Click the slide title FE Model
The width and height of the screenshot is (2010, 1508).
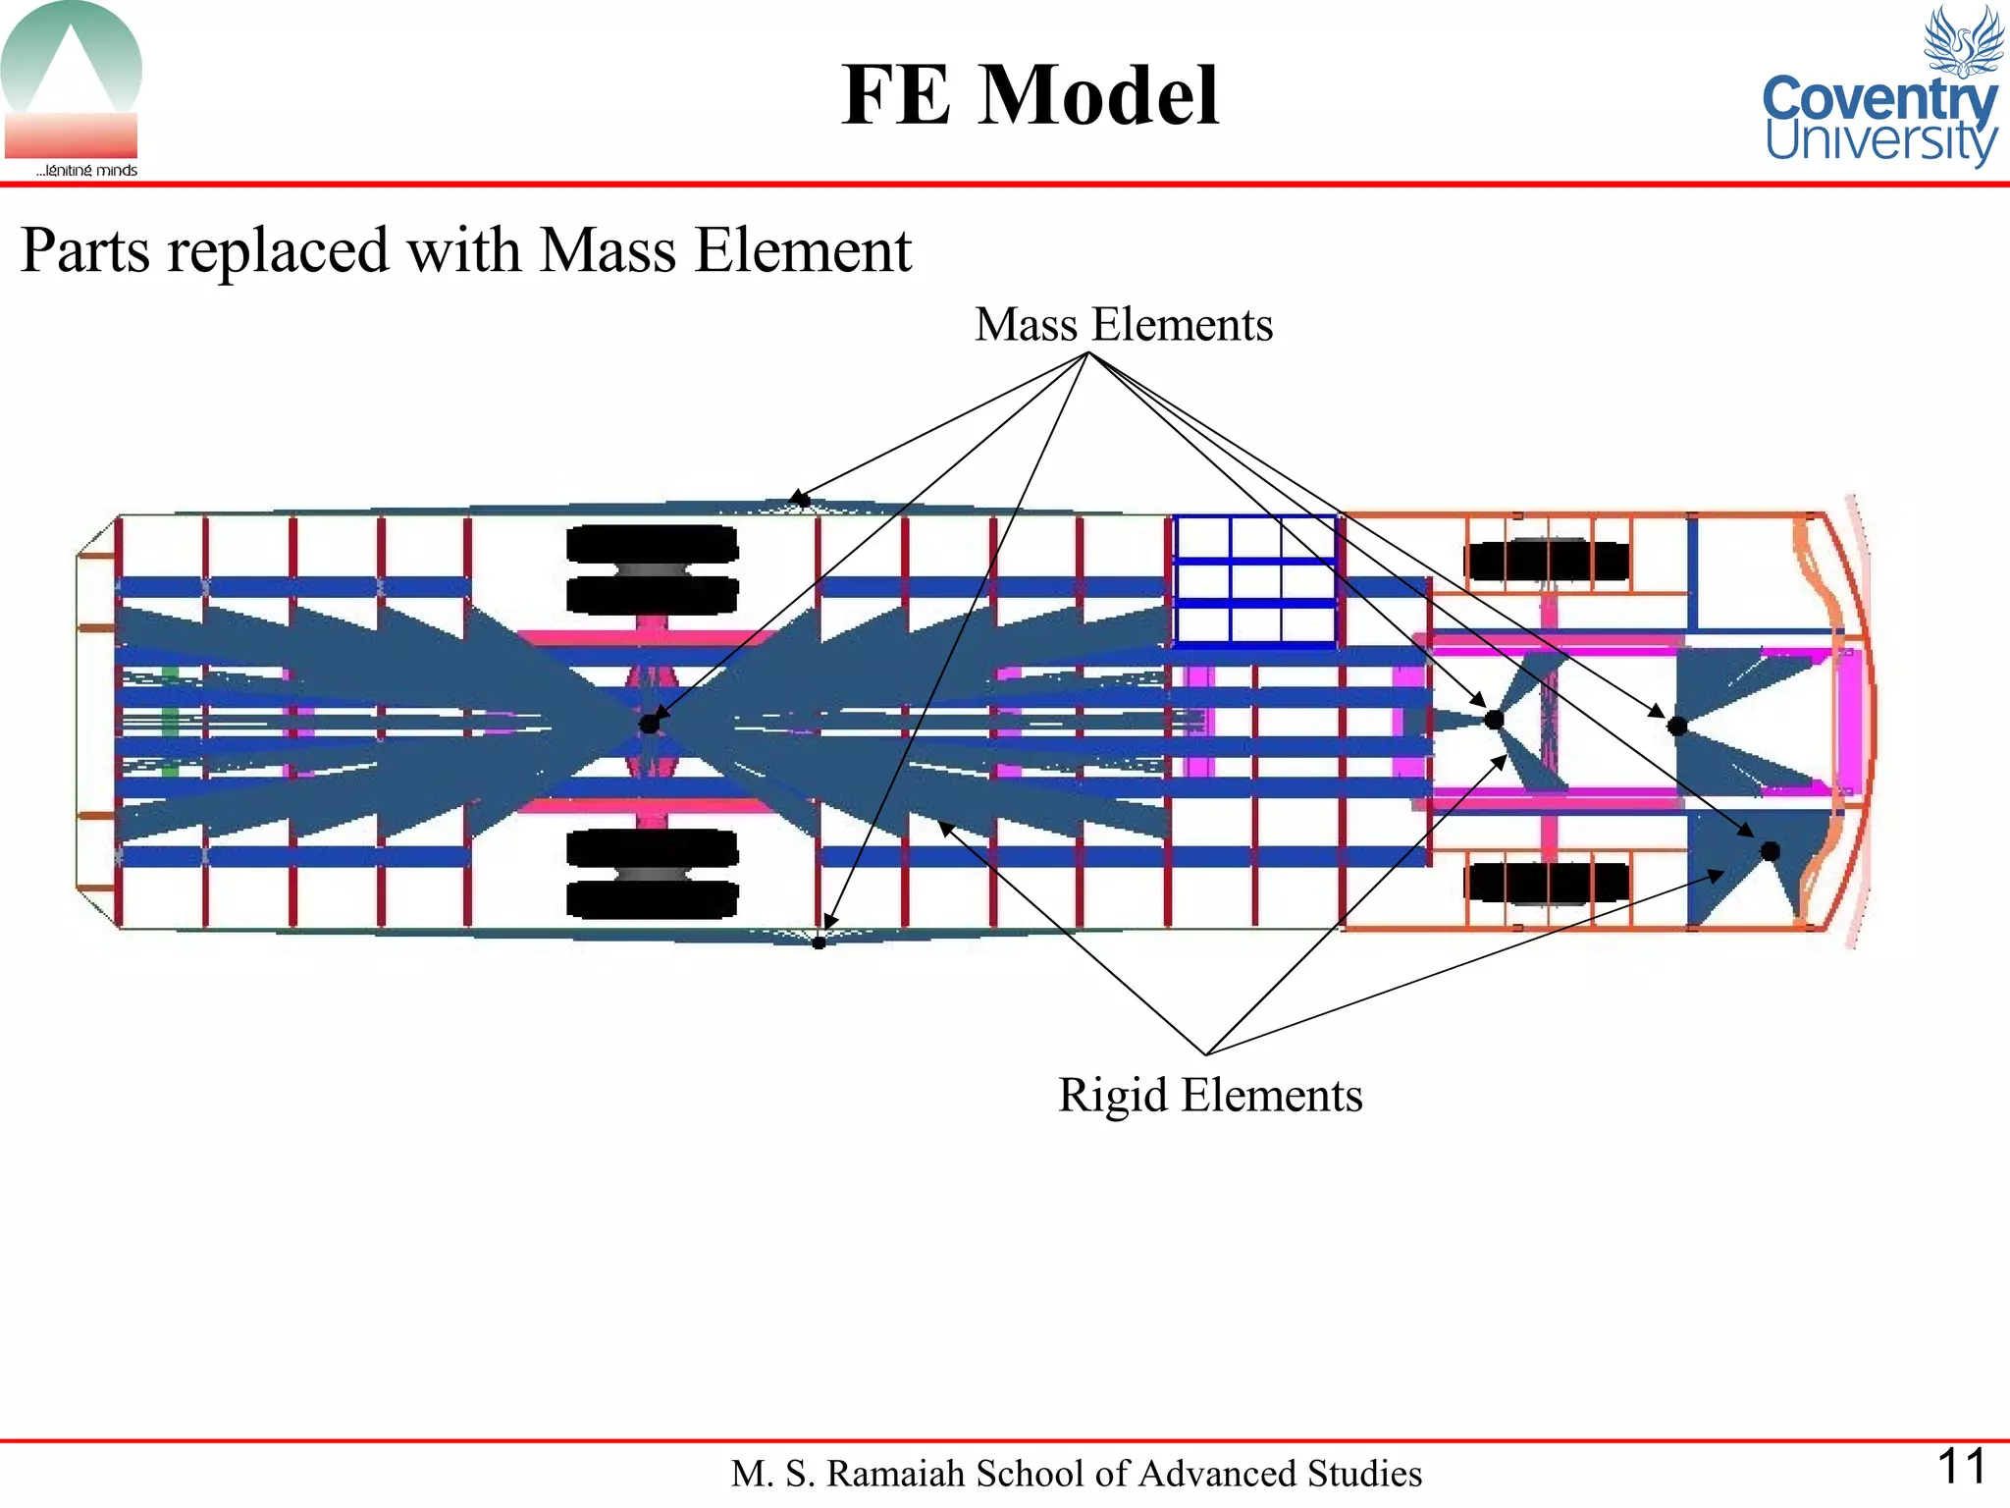1030,95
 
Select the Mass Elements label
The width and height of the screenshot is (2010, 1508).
1123,325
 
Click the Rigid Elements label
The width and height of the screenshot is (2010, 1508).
1209,1095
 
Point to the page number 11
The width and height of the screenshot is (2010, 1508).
1961,1466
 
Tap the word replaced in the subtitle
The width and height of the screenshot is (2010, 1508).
278,250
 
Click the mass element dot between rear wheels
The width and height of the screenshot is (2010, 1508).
649,725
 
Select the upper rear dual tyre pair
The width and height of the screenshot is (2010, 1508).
652,569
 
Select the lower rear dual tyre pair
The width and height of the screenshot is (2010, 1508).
652,874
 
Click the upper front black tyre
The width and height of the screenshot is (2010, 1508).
1546,561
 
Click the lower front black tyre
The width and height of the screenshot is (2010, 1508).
1546,882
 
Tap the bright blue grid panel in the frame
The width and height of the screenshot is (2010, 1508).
1255,581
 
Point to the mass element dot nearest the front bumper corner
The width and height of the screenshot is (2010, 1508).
1770,850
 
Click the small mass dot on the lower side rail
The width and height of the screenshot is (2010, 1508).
819,942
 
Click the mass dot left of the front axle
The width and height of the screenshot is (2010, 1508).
1494,720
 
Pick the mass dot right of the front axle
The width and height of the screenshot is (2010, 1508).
1677,727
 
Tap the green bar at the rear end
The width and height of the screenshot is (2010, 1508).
170,722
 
